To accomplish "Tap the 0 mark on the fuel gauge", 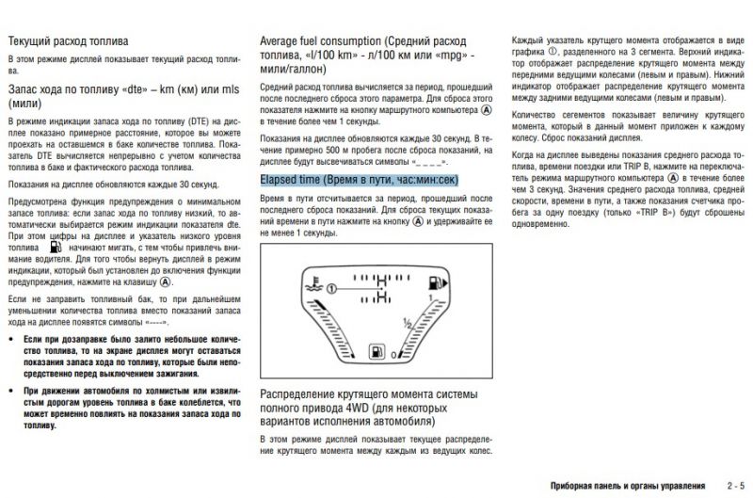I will [x=393, y=354].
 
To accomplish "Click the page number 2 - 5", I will [x=736, y=486].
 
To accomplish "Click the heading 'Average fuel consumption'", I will [x=320, y=42].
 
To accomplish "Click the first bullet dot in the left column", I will [x=11, y=336].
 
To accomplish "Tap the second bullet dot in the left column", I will [x=11, y=388].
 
